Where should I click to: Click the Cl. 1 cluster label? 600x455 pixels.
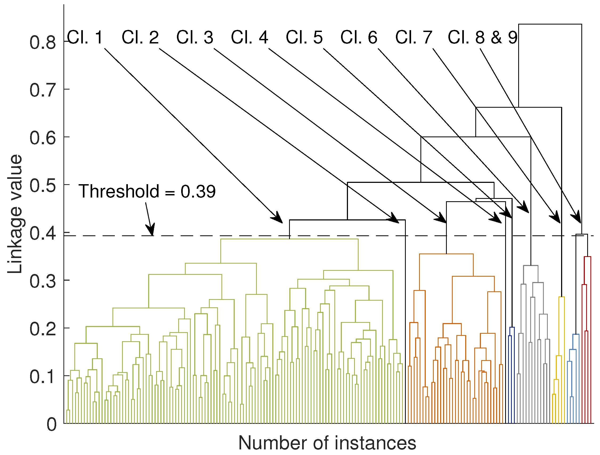click(85, 37)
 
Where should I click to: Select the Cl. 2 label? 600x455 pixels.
click(140, 37)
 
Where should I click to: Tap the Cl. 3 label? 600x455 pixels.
click(195, 37)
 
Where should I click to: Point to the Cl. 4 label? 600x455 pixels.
click(250, 37)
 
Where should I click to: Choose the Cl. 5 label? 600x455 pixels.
click(304, 37)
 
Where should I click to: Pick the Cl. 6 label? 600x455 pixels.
click(359, 37)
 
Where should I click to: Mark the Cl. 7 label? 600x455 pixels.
click(414, 37)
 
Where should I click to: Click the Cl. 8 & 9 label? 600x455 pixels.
click(483, 37)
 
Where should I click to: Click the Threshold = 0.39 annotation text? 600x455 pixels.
click(147, 191)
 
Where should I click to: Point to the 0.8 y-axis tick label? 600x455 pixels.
click(43, 43)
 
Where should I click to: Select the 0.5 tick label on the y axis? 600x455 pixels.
click(43, 186)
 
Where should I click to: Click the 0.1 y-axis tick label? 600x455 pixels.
click(43, 377)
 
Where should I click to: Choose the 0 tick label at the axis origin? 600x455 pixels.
click(51, 425)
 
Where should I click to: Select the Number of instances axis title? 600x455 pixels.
click(327, 443)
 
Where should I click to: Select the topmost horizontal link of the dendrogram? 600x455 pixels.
click(550, 25)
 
